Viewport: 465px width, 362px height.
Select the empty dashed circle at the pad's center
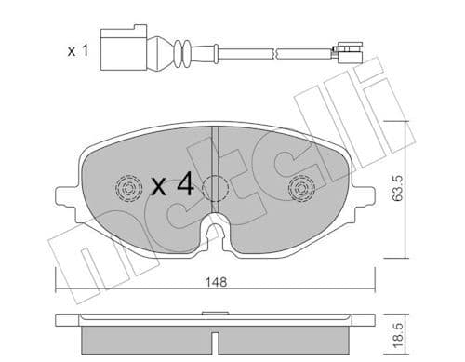(215, 190)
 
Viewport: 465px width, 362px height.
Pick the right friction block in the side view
(288, 335)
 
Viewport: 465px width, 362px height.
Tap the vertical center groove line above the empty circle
(215, 149)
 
